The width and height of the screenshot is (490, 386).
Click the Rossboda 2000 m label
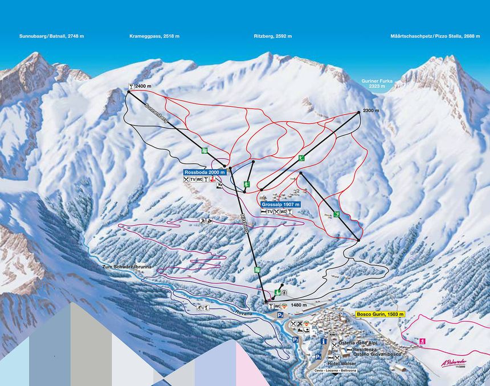point(205,172)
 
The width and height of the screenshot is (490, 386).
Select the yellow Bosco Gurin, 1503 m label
point(379,314)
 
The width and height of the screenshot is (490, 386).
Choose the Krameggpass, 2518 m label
point(154,36)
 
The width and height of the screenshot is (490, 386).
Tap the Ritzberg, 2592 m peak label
point(273,36)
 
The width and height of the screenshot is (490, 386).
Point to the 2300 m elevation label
point(371,111)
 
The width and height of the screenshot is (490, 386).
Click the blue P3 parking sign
point(280,315)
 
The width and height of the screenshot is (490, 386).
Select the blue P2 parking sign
point(296,340)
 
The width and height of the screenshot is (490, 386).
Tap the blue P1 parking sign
point(318,356)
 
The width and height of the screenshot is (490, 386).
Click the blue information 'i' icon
point(324,342)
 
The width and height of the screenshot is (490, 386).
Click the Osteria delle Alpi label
point(358,342)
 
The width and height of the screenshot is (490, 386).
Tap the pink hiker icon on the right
point(422,341)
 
